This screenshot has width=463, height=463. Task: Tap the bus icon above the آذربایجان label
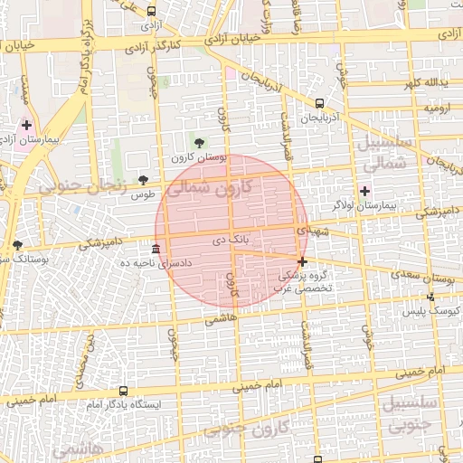pyautogui.click(x=320, y=104)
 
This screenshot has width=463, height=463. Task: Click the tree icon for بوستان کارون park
pyautogui.click(x=199, y=143)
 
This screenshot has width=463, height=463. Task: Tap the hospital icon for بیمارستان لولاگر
pyautogui.click(x=364, y=191)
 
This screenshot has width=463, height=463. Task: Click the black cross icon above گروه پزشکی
pyautogui.click(x=302, y=262)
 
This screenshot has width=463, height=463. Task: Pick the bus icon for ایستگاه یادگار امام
pyautogui.click(x=123, y=391)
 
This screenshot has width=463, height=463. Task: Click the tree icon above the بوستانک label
pyautogui.click(x=17, y=245)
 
